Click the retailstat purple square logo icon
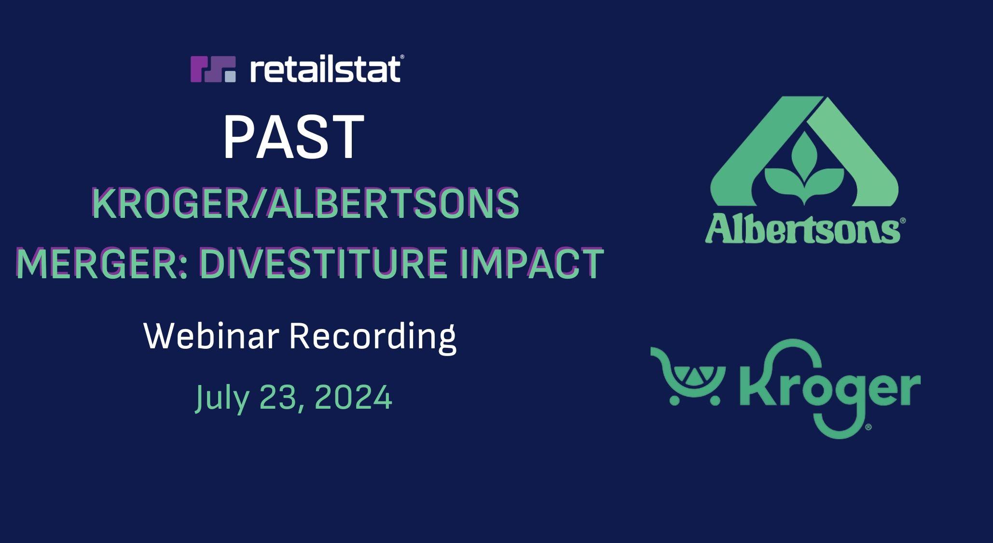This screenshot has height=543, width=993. click(213, 69)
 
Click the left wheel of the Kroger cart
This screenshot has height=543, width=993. click(676, 399)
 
